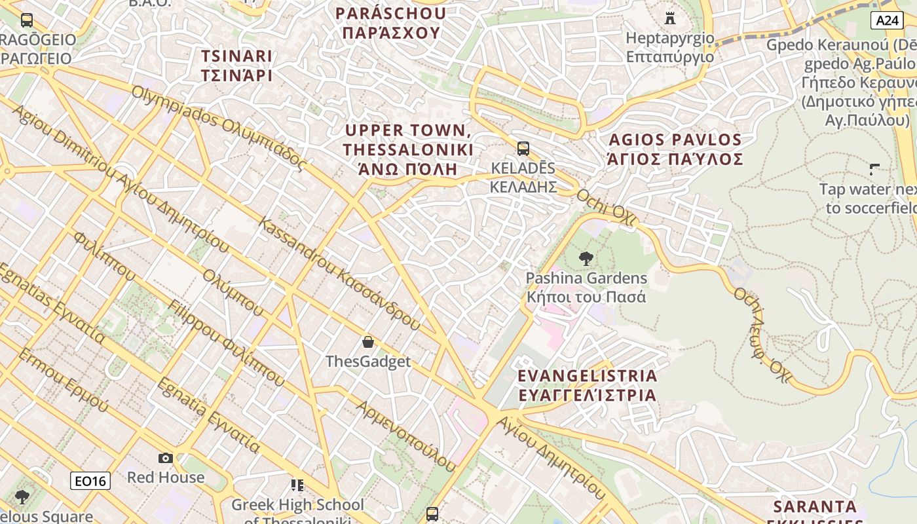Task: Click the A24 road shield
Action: (x=888, y=20)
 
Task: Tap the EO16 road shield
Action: (x=90, y=481)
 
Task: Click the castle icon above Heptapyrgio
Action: (x=669, y=18)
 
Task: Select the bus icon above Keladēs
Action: (x=523, y=149)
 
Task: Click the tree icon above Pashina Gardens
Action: (x=586, y=259)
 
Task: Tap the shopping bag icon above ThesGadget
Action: (x=368, y=342)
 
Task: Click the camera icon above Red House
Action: (x=166, y=458)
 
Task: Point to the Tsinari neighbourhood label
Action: (x=236, y=65)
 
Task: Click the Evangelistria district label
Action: (x=587, y=385)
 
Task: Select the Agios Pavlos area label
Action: (x=675, y=149)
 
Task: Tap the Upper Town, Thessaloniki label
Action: (x=407, y=149)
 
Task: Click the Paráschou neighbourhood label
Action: (x=390, y=23)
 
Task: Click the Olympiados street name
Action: (x=219, y=128)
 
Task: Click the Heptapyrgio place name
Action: (x=669, y=47)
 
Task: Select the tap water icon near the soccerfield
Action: (x=874, y=170)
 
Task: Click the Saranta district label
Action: (x=815, y=507)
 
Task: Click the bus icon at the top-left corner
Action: (x=27, y=20)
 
